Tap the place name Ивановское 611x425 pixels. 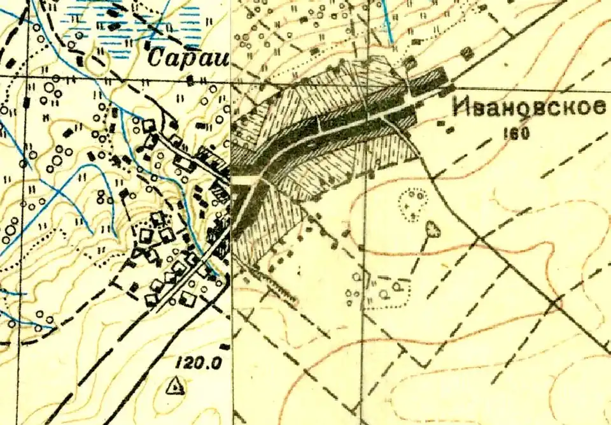(x=528, y=108)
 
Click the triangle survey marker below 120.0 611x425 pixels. (x=173, y=386)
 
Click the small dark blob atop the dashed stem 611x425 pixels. (x=433, y=227)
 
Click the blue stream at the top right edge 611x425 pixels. (x=387, y=22)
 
